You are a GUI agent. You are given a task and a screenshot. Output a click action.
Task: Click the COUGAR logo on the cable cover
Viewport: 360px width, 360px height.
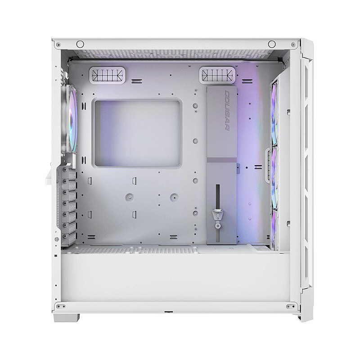(x=227, y=111)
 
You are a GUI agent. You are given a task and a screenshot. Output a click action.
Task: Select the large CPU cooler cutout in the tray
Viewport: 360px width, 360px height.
(x=137, y=133)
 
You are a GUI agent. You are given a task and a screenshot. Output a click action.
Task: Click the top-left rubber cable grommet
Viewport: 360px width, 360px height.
(x=107, y=75)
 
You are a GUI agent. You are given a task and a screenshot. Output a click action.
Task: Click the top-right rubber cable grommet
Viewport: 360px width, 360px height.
(x=217, y=75)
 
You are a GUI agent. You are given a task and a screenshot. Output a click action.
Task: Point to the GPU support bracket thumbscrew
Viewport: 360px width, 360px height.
(x=218, y=226)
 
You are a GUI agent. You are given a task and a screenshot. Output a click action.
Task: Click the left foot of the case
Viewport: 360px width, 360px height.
(x=66, y=318)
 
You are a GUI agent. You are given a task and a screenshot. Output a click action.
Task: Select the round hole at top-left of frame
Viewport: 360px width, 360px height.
(x=80, y=44)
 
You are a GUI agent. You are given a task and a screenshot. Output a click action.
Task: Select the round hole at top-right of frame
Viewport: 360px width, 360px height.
(x=272, y=44)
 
